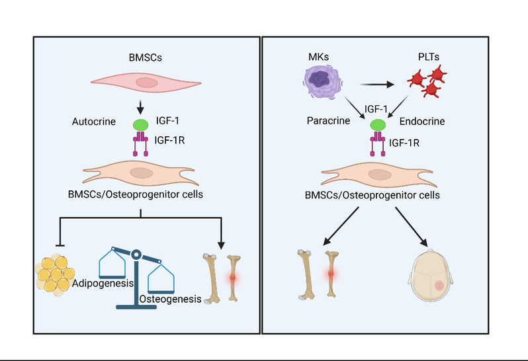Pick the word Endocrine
tap(421, 122)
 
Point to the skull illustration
tap(430, 277)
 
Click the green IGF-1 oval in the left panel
tap(140, 124)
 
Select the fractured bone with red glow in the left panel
tap(232, 278)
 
